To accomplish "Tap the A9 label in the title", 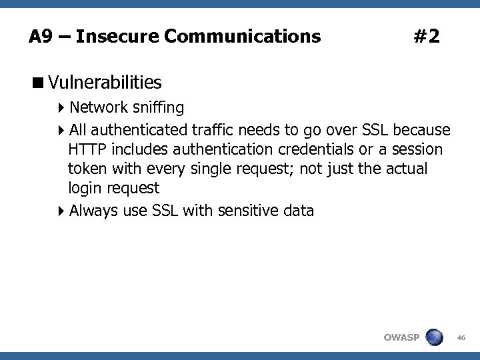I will pos(41,36).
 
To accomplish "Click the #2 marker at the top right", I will pos(426,36).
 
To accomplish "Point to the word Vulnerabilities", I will pos(105,83).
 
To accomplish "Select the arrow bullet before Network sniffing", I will pos(61,108).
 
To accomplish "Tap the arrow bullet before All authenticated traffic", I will pos(61,129).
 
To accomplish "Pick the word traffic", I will pos(213,129).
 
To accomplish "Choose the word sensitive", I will pos(242,211).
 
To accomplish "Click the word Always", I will pos(91,211).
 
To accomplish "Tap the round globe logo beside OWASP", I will pos(434,337).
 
